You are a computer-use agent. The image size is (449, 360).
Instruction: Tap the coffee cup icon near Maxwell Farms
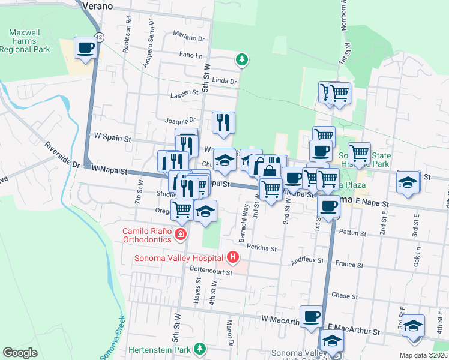85,47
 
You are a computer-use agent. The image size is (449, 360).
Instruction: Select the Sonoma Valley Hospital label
178,259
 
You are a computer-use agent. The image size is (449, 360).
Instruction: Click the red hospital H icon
232,259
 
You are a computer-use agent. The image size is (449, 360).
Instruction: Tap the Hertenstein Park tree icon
199,349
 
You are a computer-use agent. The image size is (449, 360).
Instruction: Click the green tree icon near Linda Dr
241,59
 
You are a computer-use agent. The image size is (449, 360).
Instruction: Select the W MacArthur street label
279,320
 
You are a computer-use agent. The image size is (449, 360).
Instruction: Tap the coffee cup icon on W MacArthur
311,316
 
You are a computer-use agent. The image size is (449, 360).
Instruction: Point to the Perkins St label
261,248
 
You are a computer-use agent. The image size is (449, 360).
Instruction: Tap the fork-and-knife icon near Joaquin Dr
223,122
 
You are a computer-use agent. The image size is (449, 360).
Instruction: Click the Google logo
20,353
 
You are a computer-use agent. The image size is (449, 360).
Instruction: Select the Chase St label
345,296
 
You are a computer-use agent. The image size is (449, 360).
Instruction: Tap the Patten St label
353,232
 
